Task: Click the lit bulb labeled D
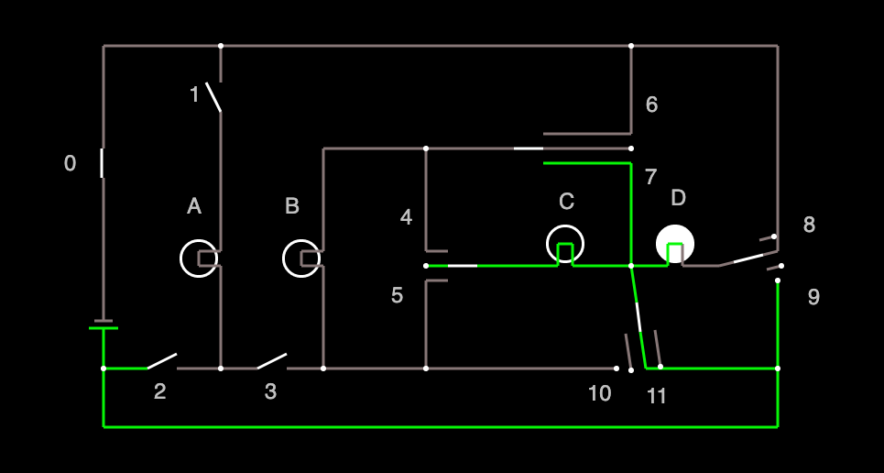coord(675,244)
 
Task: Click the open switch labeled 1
coord(213,97)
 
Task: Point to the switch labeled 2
coord(162,361)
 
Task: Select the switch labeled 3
coord(272,361)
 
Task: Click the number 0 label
coord(70,164)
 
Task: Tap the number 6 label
coord(651,104)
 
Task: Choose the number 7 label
coord(650,177)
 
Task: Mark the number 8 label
coord(809,225)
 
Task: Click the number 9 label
coord(813,296)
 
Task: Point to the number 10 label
coord(599,393)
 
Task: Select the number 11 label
coord(657,397)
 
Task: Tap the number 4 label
coord(406,217)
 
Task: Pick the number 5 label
coord(397,295)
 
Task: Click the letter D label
coord(678,198)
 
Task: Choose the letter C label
coord(567,202)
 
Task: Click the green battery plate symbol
coord(104,327)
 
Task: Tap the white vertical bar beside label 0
coord(102,163)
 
